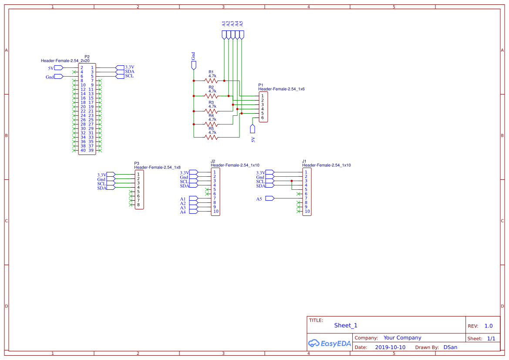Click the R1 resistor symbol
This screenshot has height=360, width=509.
click(x=211, y=81)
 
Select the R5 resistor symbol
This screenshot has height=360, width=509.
click(x=211, y=137)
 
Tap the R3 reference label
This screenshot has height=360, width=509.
click(x=211, y=103)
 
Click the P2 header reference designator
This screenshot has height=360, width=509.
click(x=87, y=57)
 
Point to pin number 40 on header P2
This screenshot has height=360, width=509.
click(x=83, y=150)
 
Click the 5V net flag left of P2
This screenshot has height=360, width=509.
click(x=59, y=68)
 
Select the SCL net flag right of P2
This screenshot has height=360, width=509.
click(x=120, y=76)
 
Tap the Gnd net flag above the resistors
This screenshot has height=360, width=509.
click(x=194, y=66)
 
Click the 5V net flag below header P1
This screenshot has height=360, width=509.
click(x=253, y=129)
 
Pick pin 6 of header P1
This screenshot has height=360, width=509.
click(x=263, y=118)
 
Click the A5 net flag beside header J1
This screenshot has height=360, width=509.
click(x=270, y=199)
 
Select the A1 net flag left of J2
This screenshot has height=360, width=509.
click(x=193, y=199)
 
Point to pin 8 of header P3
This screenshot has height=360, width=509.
click(x=138, y=205)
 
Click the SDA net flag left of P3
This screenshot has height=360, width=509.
click(x=111, y=188)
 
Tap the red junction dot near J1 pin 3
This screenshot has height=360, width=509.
click(x=292, y=181)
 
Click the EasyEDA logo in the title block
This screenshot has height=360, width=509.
click(x=330, y=343)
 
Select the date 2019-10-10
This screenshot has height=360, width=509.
click(x=390, y=347)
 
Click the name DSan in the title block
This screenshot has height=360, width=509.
click(x=450, y=347)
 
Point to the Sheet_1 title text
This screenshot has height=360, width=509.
click(x=346, y=326)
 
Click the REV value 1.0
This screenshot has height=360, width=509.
click(x=489, y=326)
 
